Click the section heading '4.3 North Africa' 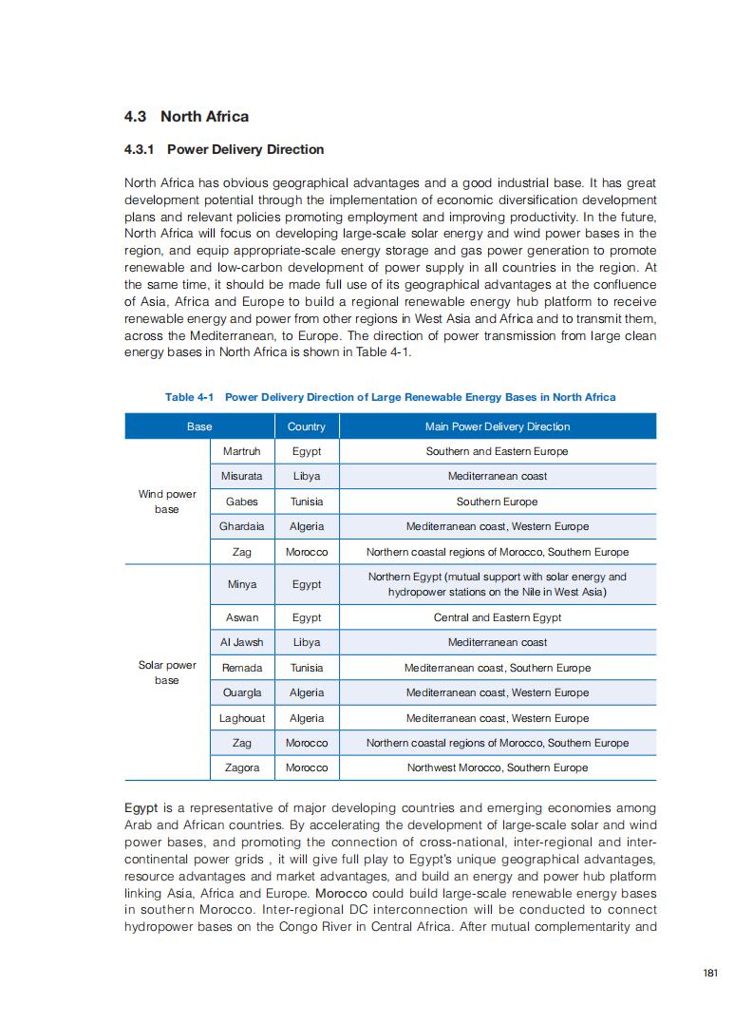(x=186, y=117)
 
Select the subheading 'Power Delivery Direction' (x=224, y=149)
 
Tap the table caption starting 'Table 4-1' (x=390, y=397)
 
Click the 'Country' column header (x=306, y=426)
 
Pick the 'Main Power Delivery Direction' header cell (x=497, y=426)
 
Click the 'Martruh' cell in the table (x=241, y=451)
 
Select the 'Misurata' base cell (x=241, y=476)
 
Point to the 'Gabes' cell (x=241, y=502)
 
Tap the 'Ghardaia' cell (x=241, y=526)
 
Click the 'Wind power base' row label (x=167, y=502)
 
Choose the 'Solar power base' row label (x=167, y=673)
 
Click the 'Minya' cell (x=241, y=584)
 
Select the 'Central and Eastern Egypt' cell (x=497, y=617)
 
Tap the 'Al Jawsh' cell (x=241, y=642)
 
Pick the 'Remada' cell (x=241, y=668)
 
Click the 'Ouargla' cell (x=241, y=692)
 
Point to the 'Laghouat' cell (x=241, y=718)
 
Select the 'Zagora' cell (x=241, y=767)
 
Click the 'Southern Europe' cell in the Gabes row (x=497, y=502)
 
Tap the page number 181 (x=710, y=973)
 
